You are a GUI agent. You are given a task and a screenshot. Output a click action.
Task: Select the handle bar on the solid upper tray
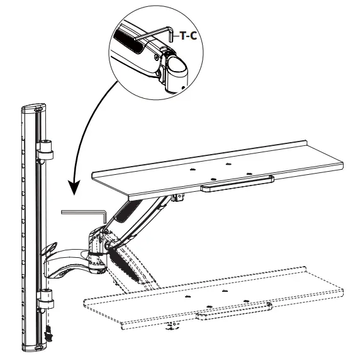point(236,187)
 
